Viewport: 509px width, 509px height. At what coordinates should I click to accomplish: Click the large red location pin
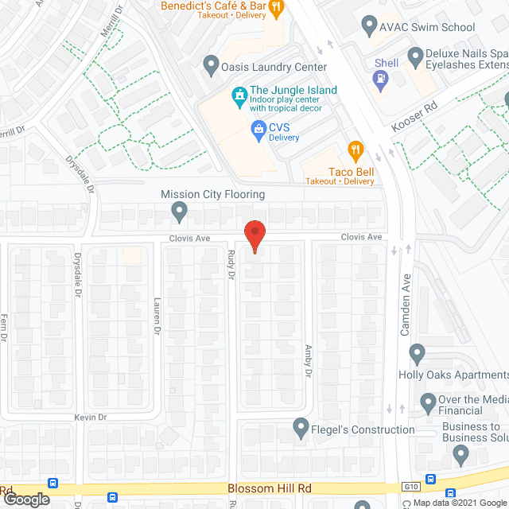(x=254, y=236)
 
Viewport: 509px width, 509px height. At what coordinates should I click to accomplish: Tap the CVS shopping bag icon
(x=258, y=128)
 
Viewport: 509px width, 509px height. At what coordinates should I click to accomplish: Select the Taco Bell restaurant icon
(x=356, y=149)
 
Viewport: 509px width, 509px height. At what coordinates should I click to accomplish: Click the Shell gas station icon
(x=380, y=78)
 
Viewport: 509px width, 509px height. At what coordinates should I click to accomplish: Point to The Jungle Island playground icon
(x=238, y=96)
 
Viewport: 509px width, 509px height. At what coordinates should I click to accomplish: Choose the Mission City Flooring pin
(x=180, y=211)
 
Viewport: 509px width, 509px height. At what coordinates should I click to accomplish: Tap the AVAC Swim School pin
(x=369, y=26)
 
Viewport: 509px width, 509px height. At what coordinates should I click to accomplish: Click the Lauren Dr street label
(x=157, y=316)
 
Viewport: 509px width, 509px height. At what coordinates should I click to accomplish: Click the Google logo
(x=26, y=499)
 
